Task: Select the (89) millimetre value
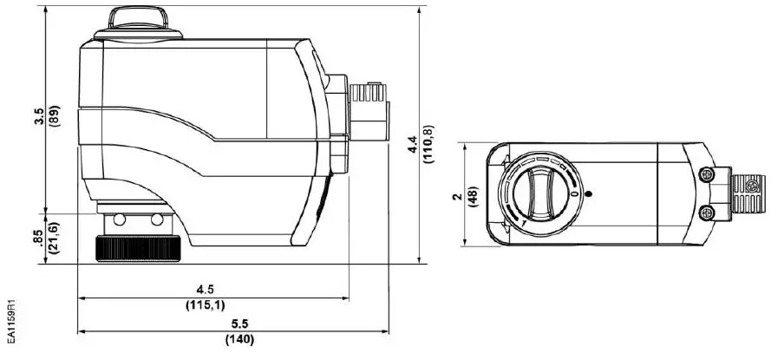tap(55, 117)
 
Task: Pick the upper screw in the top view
tap(708, 175)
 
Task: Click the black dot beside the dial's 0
tap(588, 193)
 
